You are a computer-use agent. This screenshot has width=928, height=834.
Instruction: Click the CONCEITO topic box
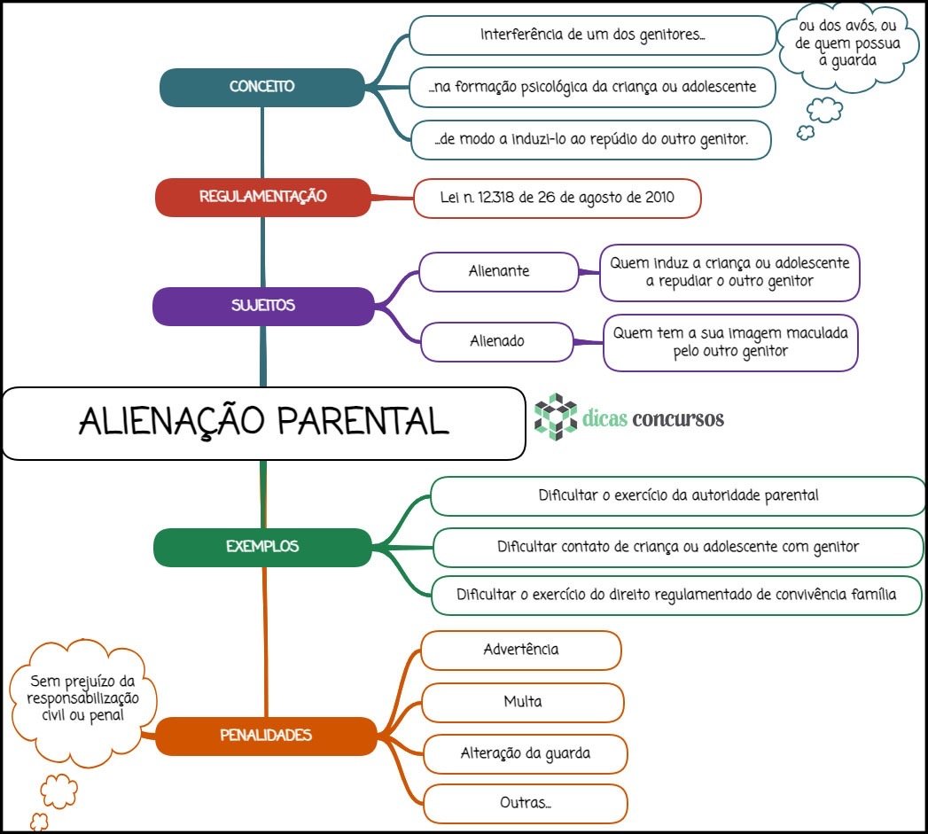coord(262,87)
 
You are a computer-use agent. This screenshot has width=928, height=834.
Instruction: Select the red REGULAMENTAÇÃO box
coord(262,197)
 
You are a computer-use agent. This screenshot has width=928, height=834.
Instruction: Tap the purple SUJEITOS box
coord(262,306)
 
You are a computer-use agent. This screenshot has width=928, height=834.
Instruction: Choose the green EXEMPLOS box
coord(262,547)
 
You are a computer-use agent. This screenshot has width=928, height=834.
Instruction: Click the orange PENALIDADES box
coord(265,736)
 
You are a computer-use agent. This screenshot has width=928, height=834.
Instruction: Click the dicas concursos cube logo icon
coord(556,416)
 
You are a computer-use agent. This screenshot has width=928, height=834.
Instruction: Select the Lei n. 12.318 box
coord(557,198)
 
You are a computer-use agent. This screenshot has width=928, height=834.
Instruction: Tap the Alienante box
coord(498,271)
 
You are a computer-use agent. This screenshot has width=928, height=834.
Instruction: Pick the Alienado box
coord(497,341)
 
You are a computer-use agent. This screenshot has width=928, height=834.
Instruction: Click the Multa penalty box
coord(522,702)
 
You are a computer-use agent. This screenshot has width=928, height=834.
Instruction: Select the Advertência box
coord(520,650)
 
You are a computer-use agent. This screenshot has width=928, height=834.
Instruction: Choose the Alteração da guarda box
coord(525,754)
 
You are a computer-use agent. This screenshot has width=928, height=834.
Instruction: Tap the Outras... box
coord(525,805)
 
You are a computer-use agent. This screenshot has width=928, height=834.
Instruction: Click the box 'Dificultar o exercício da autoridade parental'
coord(678,495)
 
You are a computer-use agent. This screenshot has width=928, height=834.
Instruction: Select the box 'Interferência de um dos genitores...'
coord(592,35)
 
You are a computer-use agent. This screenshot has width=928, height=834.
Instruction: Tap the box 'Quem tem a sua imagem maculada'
coord(730,342)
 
